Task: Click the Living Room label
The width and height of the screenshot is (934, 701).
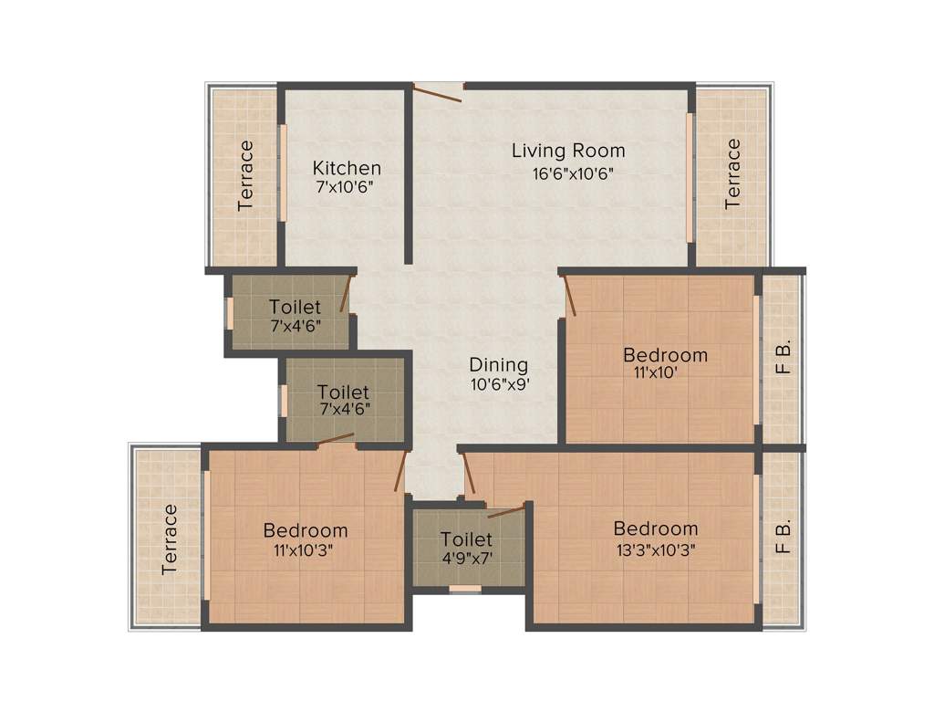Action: coord(567,151)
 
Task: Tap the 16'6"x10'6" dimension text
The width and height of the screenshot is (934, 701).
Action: coord(567,173)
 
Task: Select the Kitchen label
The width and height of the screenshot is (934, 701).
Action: coord(347,168)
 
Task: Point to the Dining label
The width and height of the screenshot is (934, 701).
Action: coord(498,365)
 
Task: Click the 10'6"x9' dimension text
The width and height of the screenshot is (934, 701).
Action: coord(498,385)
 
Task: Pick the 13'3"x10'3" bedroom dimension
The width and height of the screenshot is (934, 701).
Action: coord(656,550)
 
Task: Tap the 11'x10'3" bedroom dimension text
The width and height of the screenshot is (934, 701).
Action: coord(306,550)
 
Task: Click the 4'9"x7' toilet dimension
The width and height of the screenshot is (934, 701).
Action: coord(466,559)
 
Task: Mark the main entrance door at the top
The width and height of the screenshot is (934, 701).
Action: coord(439,89)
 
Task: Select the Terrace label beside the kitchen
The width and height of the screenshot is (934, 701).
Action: coord(245,175)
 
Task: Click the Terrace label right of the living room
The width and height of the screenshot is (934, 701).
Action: coord(732,175)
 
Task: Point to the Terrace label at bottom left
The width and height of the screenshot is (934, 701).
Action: coord(170,539)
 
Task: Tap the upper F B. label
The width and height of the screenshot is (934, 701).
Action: coord(782,357)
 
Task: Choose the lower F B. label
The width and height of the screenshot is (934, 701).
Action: coord(782,538)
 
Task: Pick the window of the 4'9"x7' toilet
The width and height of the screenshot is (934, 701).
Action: coord(465,590)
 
